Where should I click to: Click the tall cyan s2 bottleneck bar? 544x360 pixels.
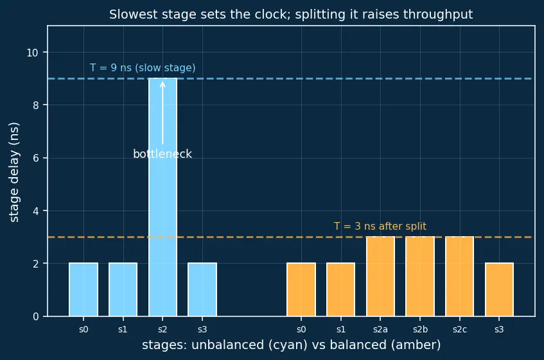click(162, 197)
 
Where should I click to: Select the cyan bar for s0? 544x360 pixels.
click(83, 289)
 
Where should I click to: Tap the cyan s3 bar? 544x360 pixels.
click(202, 289)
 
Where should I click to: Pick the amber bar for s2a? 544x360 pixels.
click(380, 277)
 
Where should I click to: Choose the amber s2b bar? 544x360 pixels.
click(420, 277)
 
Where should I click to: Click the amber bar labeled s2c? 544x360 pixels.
click(460, 277)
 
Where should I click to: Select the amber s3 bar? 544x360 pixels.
click(499, 289)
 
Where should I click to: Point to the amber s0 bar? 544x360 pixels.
click(301, 289)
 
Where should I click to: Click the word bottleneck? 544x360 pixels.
click(162, 154)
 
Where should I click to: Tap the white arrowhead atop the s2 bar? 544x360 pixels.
click(162, 84)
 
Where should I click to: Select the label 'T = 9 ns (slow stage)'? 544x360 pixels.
click(143, 67)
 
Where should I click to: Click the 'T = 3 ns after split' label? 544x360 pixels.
click(380, 227)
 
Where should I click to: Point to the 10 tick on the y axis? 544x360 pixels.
click(32, 53)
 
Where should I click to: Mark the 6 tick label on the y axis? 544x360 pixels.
click(36, 158)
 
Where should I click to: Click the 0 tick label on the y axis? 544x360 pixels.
click(36, 317)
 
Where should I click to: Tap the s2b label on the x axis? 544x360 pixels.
click(420, 329)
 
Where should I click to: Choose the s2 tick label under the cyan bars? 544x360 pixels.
click(162, 329)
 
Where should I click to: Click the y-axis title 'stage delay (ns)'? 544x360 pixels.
click(14, 172)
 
